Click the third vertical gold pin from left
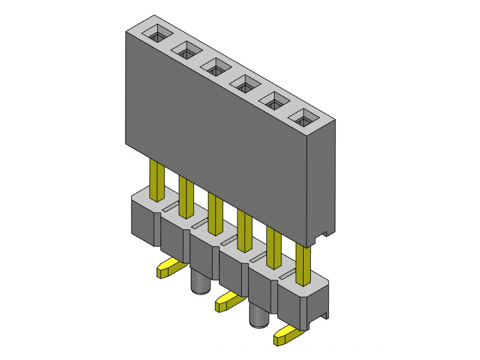point(215,212)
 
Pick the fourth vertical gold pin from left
point(244,230)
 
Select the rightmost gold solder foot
point(287,336)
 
